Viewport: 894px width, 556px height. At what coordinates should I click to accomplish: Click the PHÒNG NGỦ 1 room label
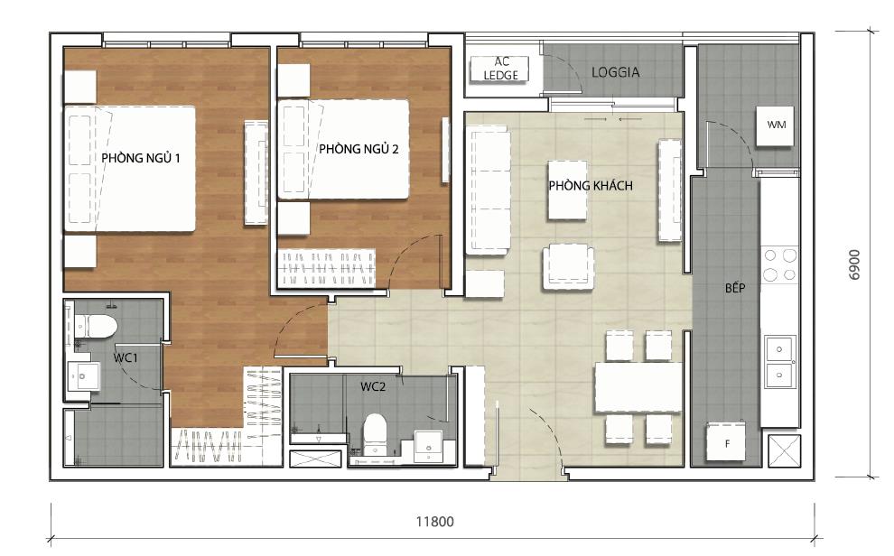[142, 158]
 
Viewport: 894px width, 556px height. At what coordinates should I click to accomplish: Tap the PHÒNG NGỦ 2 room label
[359, 149]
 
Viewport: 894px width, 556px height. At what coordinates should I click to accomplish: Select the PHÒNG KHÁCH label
[591, 185]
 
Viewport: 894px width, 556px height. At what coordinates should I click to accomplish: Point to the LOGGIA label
[615, 72]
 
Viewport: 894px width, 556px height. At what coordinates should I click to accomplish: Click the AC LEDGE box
[501, 69]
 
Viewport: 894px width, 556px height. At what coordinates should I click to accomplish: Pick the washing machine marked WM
[776, 125]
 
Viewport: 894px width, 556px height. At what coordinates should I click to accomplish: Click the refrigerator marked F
[727, 442]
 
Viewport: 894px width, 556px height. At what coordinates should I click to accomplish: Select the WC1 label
[125, 357]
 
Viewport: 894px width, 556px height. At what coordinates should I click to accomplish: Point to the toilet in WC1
[96, 326]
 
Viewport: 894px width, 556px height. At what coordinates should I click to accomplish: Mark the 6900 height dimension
[853, 265]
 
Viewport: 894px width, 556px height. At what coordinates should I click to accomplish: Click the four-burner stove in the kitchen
[780, 264]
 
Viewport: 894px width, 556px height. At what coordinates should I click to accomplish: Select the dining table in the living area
[638, 386]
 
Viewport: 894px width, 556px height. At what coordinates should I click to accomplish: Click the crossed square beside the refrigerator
[782, 449]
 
